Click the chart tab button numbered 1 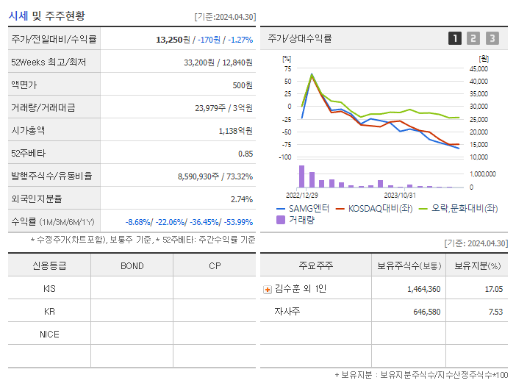click(455, 39)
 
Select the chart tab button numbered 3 click(492, 39)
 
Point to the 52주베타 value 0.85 click(245, 153)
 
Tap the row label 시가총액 click(28, 130)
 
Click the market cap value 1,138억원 click(235, 130)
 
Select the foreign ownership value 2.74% click(241, 199)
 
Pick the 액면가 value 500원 click(242, 85)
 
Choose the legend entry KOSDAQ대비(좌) click(375, 208)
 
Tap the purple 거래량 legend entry click(297, 219)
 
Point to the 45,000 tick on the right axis click(478, 68)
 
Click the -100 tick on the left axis click(286, 157)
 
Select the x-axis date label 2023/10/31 click(400, 195)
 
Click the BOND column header click(132, 265)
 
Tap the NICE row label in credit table click(49, 334)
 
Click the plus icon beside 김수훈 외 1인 click(268, 289)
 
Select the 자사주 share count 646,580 click(424, 312)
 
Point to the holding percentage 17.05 click(494, 289)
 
